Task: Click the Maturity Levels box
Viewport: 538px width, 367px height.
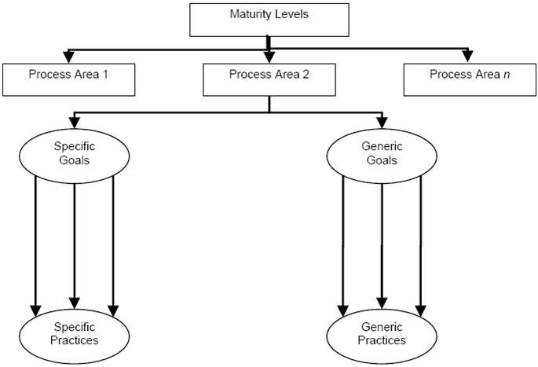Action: (x=269, y=20)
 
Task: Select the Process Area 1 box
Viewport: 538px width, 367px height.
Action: (x=68, y=79)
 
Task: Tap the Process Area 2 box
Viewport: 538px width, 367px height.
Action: (x=269, y=79)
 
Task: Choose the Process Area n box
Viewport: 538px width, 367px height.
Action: (x=470, y=79)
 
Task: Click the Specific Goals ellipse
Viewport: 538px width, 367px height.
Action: (x=74, y=156)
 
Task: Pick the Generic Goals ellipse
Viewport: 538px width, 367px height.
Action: (x=382, y=156)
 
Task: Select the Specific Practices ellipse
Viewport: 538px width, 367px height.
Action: (x=74, y=336)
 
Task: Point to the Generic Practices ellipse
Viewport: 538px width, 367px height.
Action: (x=382, y=336)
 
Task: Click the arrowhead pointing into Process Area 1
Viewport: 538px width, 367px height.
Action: (x=69, y=57)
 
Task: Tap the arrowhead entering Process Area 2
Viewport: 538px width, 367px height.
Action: (x=269, y=57)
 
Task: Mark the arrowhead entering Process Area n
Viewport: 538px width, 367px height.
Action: (x=467, y=57)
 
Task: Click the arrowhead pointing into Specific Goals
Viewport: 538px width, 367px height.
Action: (x=75, y=123)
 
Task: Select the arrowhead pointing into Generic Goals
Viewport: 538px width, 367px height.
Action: (x=382, y=123)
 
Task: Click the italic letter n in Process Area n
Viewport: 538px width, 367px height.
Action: (x=507, y=75)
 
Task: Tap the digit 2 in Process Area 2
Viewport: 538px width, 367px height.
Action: (x=306, y=74)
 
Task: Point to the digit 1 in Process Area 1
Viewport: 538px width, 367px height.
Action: (x=105, y=74)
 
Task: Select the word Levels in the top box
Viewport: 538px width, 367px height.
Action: (x=291, y=14)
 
